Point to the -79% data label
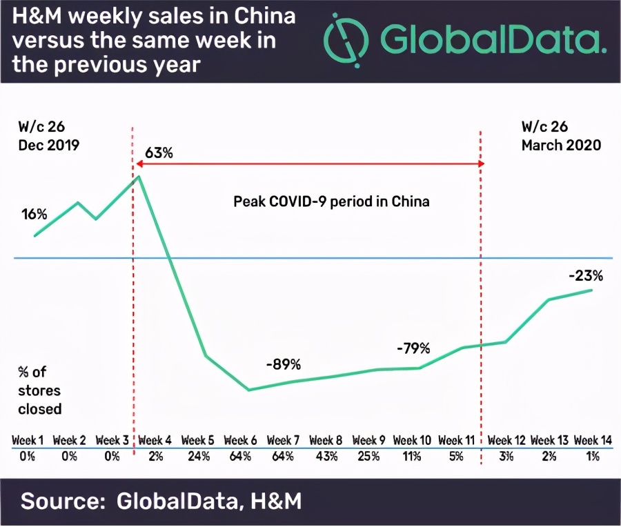[413, 348]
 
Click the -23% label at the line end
[586, 276]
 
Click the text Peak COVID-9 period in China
[331, 202]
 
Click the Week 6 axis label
[240, 440]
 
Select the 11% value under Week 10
[411, 456]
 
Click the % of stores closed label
[40, 391]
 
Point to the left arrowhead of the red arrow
[137, 165]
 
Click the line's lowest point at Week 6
[248, 390]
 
